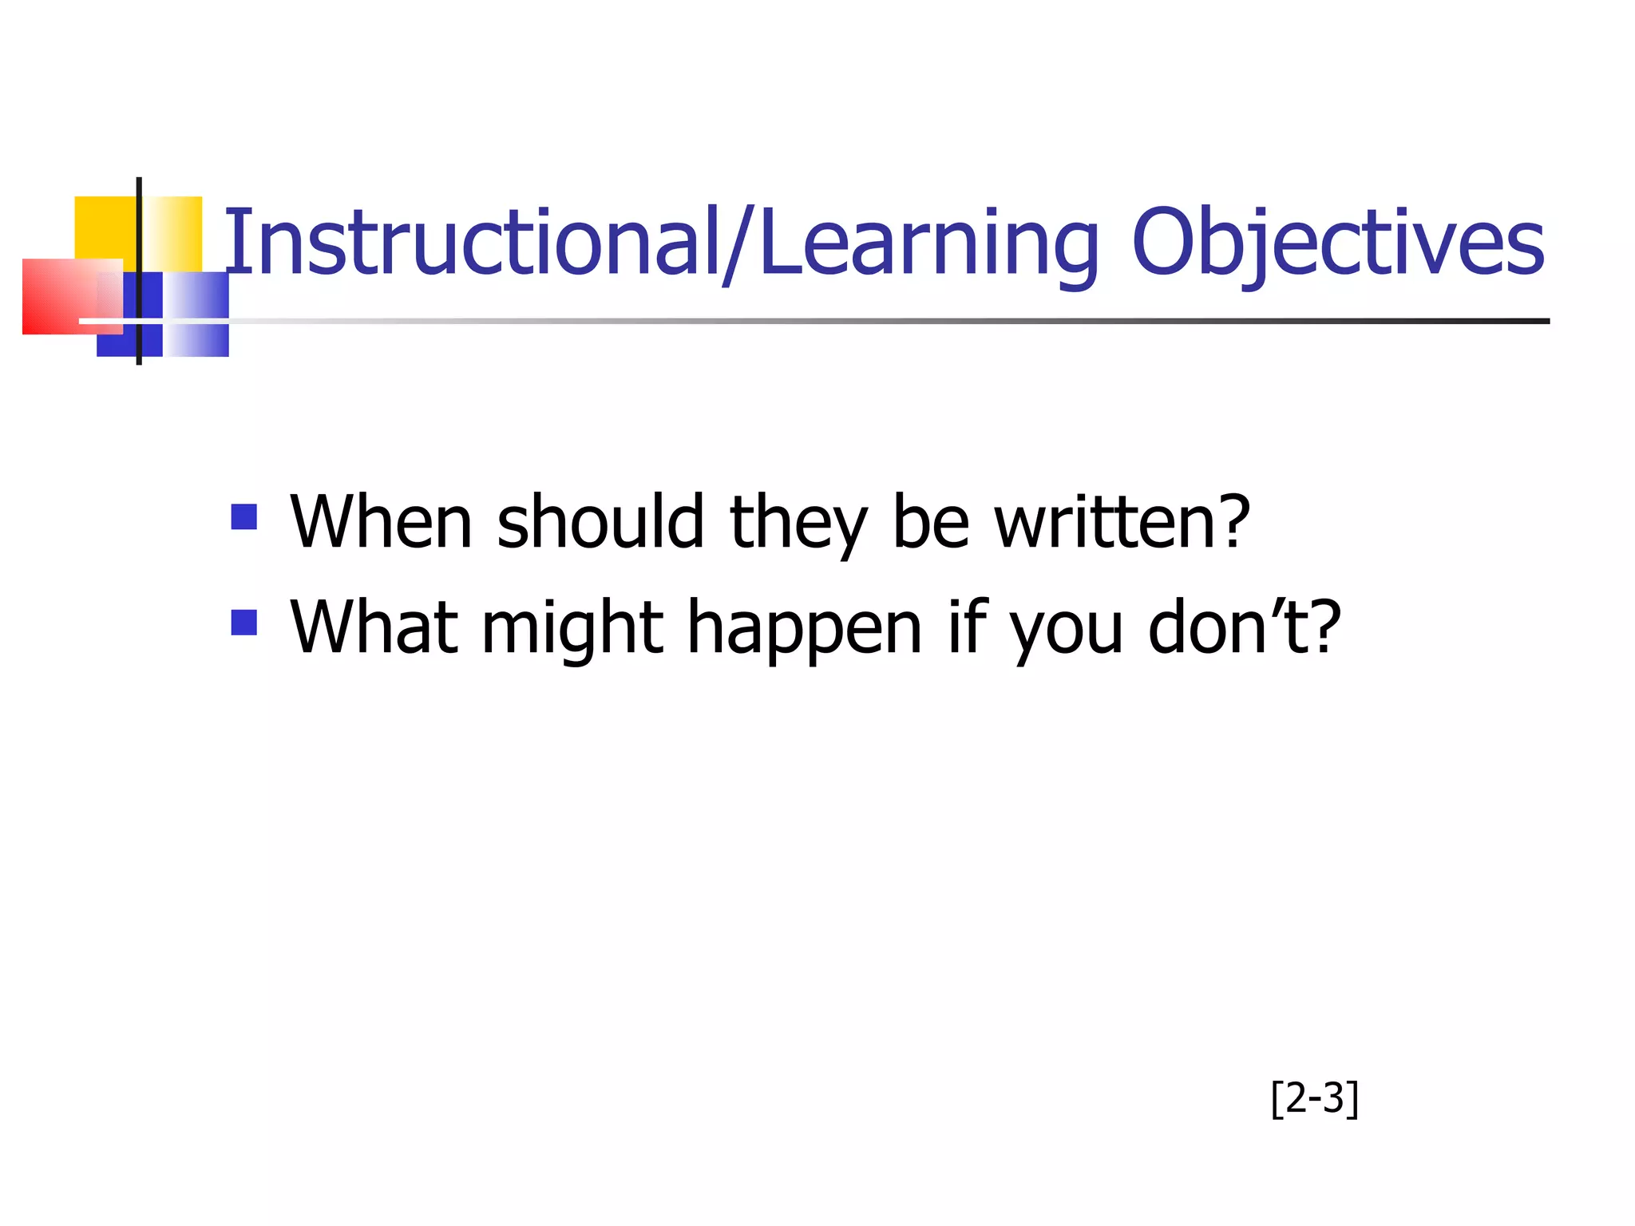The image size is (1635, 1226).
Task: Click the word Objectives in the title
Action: click(x=1337, y=243)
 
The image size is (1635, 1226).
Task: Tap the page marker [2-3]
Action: click(x=1314, y=1098)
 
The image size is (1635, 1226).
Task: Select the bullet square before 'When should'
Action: click(x=243, y=516)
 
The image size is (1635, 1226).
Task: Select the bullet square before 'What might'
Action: click(x=243, y=622)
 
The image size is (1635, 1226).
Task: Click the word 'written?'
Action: click(x=1122, y=523)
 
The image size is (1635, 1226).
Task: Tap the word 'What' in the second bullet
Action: click(x=374, y=628)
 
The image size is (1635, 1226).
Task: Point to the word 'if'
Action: click(x=968, y=628)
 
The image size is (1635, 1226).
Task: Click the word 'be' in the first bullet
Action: click(x=930, y=523)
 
